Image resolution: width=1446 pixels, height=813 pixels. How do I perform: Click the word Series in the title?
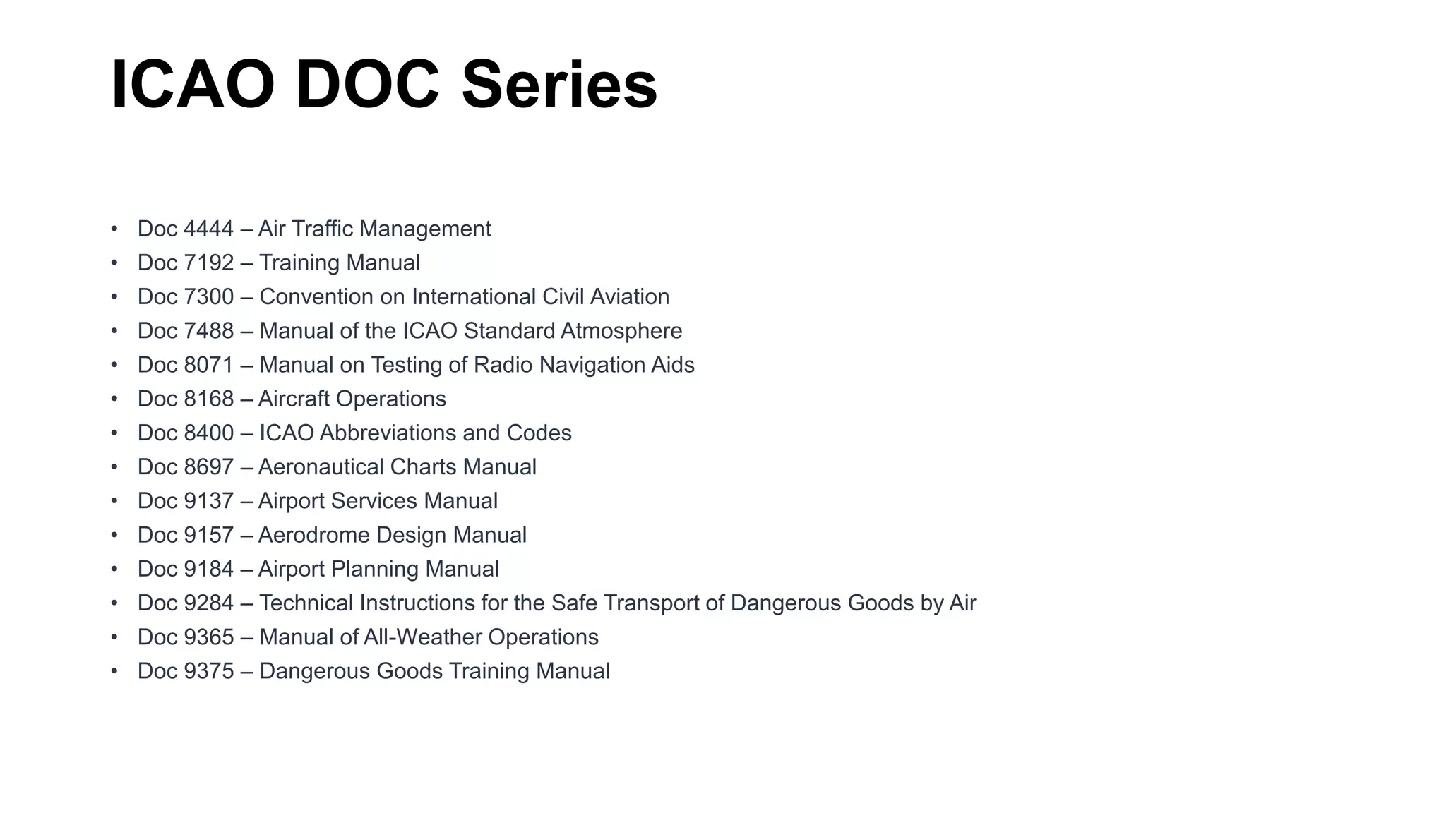[559, 85]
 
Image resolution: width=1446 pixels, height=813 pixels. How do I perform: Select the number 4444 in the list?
[208, 229]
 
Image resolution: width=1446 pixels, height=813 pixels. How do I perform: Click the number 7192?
[208, 263]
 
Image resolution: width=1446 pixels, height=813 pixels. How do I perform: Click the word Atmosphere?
[621, 331]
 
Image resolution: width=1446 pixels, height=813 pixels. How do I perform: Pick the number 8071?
[208, 365]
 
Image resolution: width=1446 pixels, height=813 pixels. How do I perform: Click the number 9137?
[208, 501]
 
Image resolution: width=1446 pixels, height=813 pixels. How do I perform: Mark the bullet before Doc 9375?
[114, 671]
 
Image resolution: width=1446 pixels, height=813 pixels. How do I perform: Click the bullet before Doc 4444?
[114, 229]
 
